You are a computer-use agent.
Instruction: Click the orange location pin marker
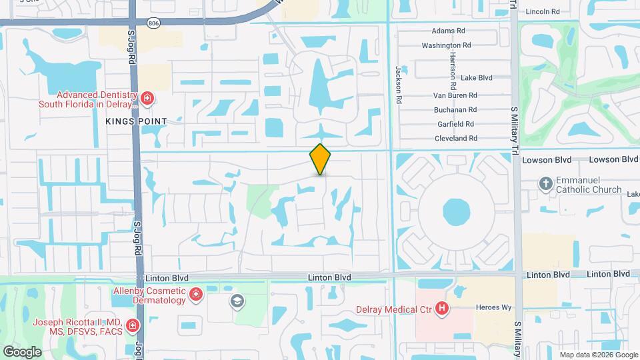click(x=320, y=159)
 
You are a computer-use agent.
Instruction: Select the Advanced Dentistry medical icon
click(x=147, y=99)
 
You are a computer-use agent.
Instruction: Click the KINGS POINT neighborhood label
click(x=135, y=121)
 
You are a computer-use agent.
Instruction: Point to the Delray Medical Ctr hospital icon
click(x=441, y=308)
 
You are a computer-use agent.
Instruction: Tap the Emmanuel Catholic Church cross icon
click(x=545, y=184)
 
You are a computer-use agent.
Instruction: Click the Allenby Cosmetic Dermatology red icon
click(x=196, y=295)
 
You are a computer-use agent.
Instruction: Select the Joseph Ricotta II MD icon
click(x=133, y=326)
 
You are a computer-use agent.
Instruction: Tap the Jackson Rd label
click(x=399, y=79)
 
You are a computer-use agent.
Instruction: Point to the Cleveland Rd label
click(x=455, y=139)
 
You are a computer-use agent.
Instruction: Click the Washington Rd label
click(x=446, y=45)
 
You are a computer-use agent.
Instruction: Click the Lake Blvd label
click(x=476, y=78)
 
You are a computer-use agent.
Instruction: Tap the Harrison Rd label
click(x=453, y=70)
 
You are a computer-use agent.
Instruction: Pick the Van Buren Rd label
click(x=453, y=95)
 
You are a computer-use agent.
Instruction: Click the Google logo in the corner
click(x=22, y=351)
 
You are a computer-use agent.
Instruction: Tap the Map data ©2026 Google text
click(x=597, y=355)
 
